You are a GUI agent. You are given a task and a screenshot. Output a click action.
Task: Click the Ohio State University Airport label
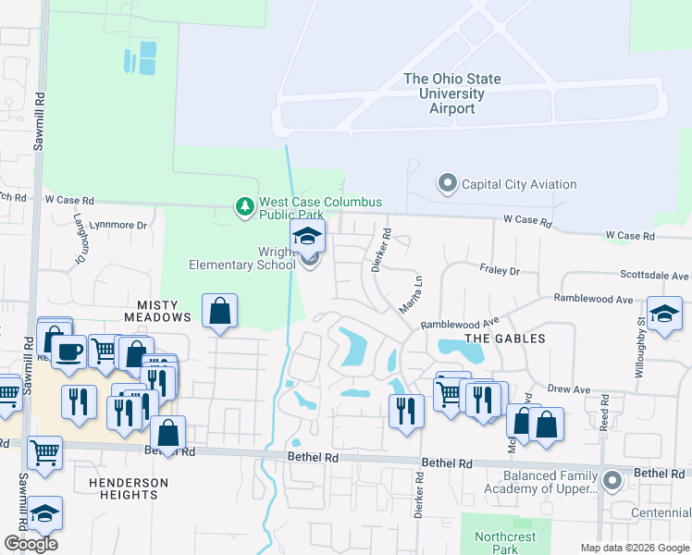point(452,93)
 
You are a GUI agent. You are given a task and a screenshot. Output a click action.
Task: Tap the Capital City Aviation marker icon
point(448,184)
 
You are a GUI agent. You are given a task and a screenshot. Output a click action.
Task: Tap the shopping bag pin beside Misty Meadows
point(220,313)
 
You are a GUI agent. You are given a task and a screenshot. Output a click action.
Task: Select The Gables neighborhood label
point(505,339)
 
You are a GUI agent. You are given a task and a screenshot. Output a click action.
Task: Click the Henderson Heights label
point(129,488)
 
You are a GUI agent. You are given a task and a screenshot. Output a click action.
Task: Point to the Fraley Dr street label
point(500,271)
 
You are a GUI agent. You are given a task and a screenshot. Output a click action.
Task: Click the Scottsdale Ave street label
point(654,276)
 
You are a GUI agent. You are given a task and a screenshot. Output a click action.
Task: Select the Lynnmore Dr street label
point(117,226)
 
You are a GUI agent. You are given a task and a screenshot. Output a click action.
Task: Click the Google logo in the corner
point(30,544)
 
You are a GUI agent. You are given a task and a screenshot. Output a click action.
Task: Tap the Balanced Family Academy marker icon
point(611,480)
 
